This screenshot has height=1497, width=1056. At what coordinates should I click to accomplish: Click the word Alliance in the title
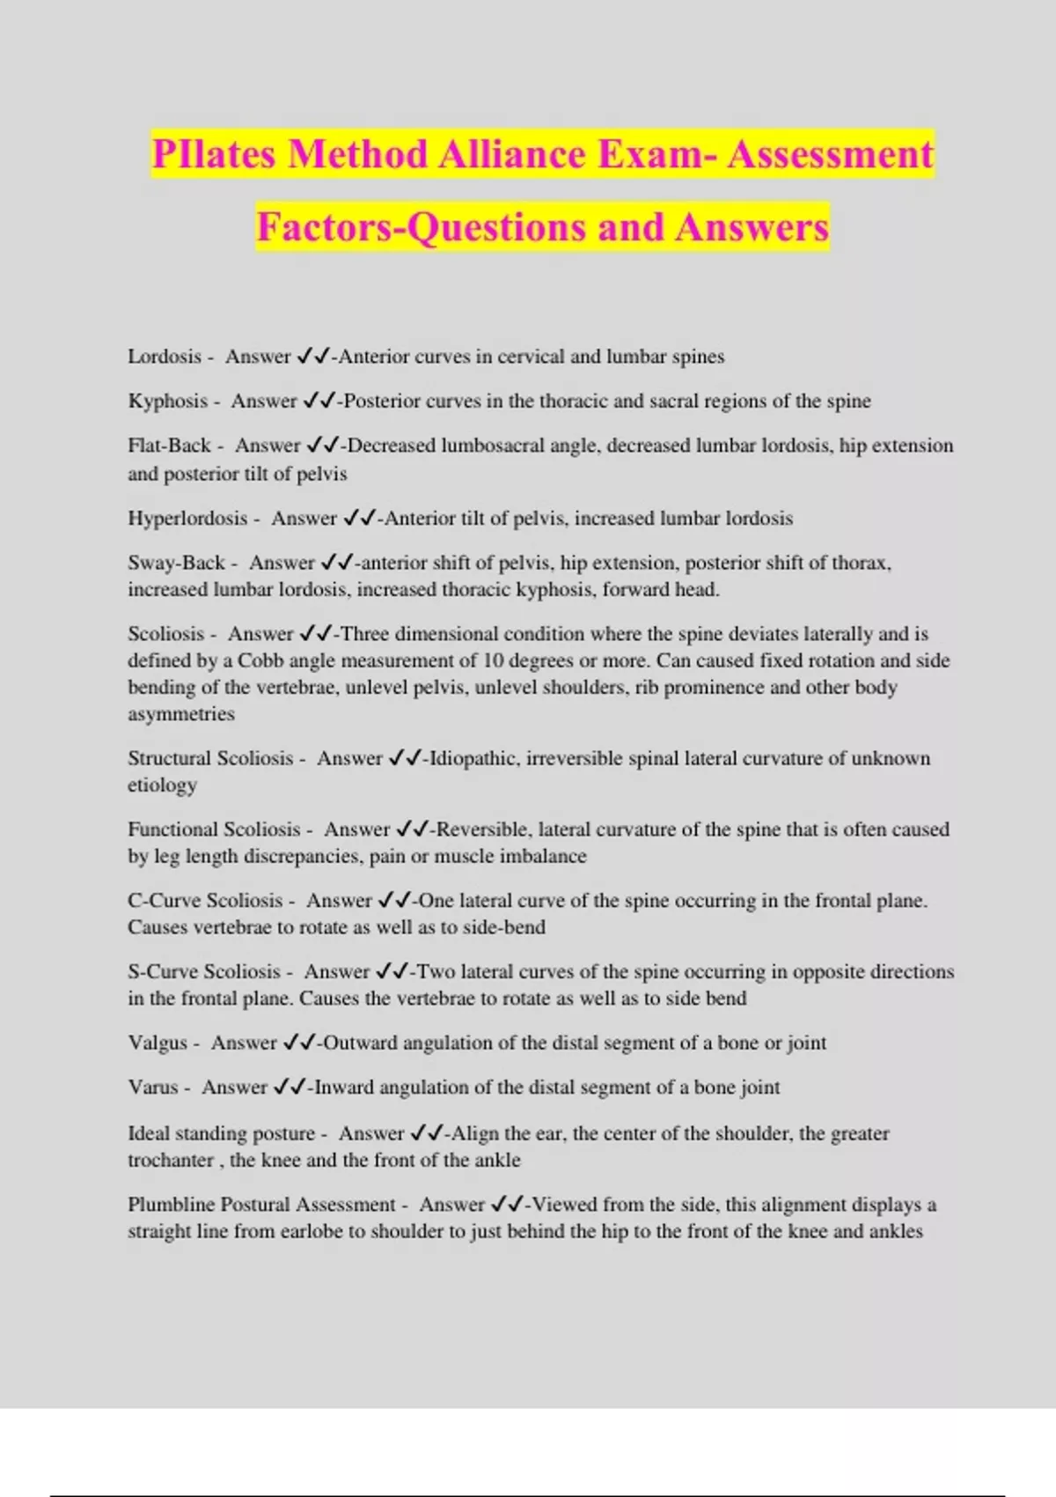pyautogui.click(x=511, y=154)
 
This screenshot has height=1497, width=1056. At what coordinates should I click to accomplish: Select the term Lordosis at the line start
pyautogui.click(x=165, y=357)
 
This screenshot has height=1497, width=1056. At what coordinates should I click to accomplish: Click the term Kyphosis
pyautogui.click(x=167, y=402)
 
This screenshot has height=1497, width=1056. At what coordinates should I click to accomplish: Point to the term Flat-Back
pyautogui.click(x=169, y=446)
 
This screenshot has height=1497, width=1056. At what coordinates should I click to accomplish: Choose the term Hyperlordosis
pyautogui.click(x=187, y=519)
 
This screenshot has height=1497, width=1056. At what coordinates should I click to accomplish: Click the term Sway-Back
pyautogui.click(x=176, y=563)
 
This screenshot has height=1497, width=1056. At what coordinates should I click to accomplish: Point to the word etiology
pyautogui.click(x=162, y=785)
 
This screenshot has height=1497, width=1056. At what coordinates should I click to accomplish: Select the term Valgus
pyautogui.click(x=158, y=1043)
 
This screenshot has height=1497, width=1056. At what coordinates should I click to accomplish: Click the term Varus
pyautogui.click(x=153, y=1088)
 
